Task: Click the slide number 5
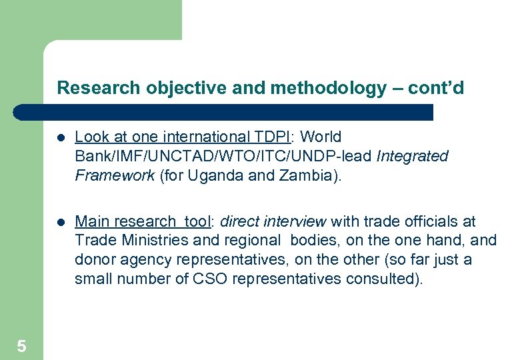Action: (21, 346)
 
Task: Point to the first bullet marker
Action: (60, 138)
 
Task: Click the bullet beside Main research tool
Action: (60, 222)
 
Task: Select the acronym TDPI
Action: (273, 137)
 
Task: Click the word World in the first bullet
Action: (321, 137)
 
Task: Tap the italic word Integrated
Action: (413, 157)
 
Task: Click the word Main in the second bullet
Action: (91, 221)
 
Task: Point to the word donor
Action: (93, 259)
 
